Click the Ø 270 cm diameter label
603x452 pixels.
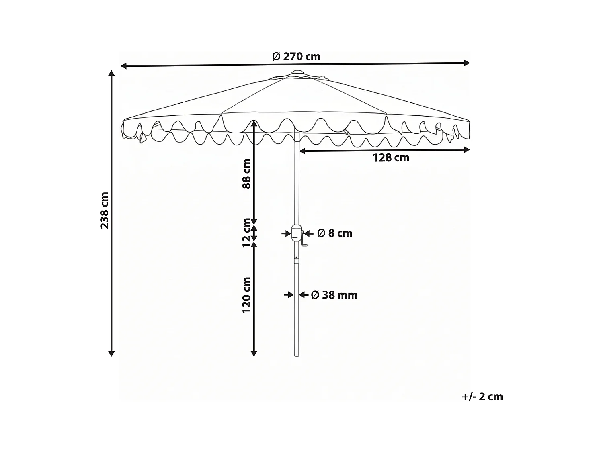pos(296,57)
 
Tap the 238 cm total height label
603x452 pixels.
pos(105,211)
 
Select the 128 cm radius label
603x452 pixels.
pos(391,158)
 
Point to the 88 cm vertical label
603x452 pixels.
pos(246,174)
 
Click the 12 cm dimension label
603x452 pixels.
pos(246,233)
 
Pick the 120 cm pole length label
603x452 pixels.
pos(246,295)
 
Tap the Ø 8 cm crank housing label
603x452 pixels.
pos(334,233)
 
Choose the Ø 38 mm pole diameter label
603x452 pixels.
pos(334,295)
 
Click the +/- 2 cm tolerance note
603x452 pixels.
pos(482,397)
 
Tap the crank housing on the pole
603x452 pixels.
pos(297,233)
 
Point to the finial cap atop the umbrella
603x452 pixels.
pos(297,73)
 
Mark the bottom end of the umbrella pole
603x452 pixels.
pos(297,355)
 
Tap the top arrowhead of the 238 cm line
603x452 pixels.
pos(112,73)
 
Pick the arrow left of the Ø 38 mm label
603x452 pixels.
pos(289,295)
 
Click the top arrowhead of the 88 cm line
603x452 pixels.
pos(254,123)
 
